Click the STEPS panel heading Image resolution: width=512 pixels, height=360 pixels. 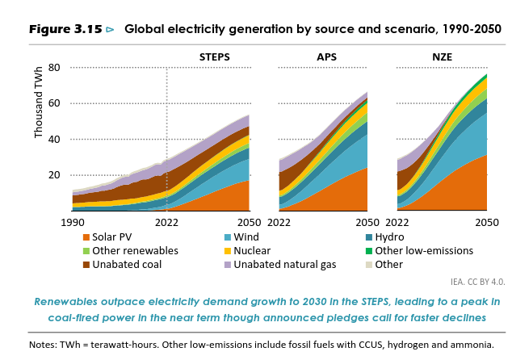click(x=215, y=57)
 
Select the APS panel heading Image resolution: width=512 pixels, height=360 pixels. click(x=327, y=57)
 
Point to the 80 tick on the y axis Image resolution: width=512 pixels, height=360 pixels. click(x=54, y=67)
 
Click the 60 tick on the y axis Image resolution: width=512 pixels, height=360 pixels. click(x=54, y=103)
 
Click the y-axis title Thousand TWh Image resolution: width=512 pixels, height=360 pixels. click(x=40, y=104)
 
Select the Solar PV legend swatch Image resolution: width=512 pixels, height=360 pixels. click(x=86, y=237)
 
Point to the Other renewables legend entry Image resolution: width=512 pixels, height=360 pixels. click(x=134, y=251)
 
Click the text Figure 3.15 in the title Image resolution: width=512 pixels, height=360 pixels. click(x=65, y=29)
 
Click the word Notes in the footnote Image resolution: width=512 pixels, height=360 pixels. click(x=44, y=344)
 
